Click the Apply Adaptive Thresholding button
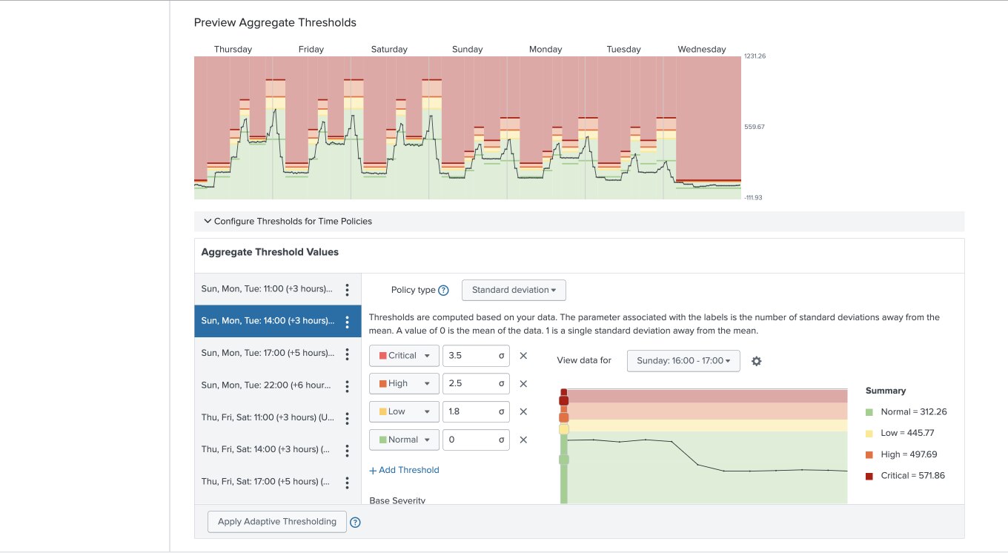[276, 522]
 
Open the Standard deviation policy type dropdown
[514, 290]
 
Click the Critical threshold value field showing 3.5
[475, 356]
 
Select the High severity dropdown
[404, 384]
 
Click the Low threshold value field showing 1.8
[475, 411]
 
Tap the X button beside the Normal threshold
[523, 440]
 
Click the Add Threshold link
[404, 470]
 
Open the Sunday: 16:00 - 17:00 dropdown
[683, 361]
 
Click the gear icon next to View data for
[757, 361]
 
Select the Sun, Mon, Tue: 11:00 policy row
[267, 289]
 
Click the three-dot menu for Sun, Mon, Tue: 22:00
[347, 385]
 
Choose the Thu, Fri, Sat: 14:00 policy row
[267, 449]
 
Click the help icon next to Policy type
[444, 291]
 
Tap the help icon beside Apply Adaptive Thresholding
[355, 522]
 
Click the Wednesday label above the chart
[701, 50]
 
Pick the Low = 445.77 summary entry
[906, 433]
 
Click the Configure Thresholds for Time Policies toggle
[288, 222]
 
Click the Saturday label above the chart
[389, 50]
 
